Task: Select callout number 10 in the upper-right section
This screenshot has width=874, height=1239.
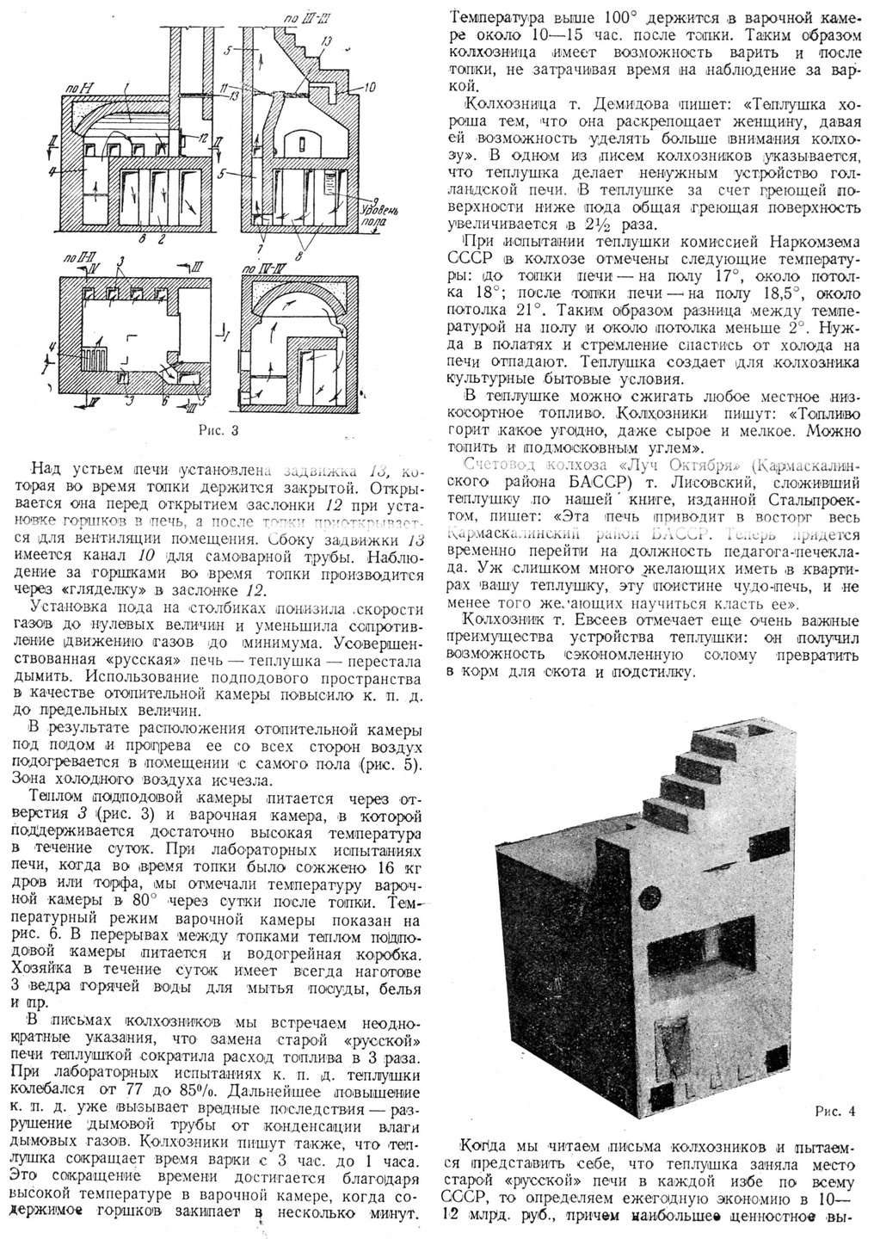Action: click(x=371, y=87)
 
